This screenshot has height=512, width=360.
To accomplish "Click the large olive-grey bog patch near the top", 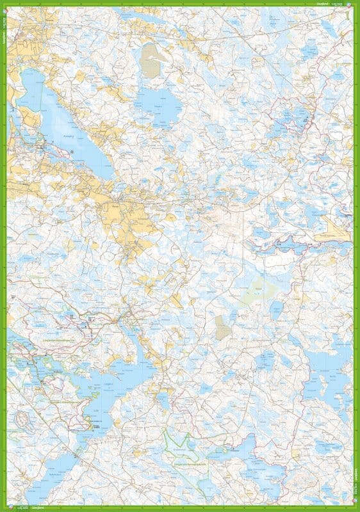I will click(152, 60).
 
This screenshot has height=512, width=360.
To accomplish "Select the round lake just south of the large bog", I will click(159, 103).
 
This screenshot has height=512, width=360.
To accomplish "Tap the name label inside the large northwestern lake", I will click(70, 136).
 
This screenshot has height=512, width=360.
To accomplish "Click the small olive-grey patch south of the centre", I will click(222, 327).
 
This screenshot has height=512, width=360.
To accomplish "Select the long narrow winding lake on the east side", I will click(282, 243).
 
